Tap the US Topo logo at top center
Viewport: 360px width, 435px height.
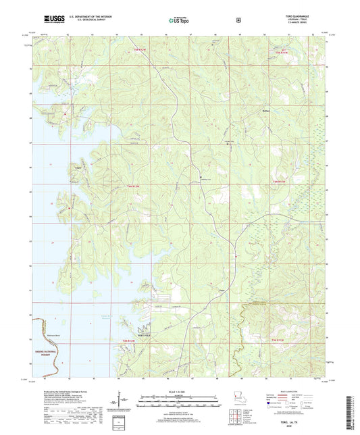pyautogui.click(x=178, y=20)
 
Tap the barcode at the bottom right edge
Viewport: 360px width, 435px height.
pyautogui.click(x=352, y=412)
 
